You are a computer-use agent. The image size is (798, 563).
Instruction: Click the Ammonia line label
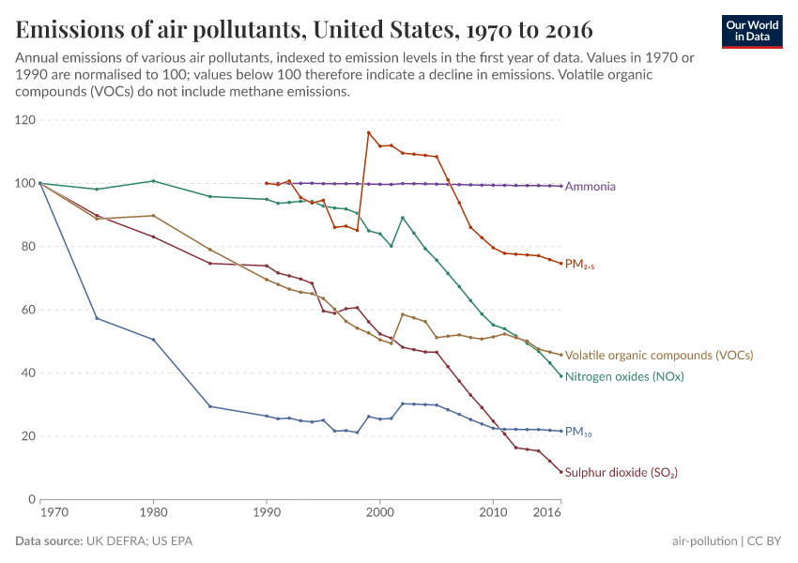(x=590, y=187)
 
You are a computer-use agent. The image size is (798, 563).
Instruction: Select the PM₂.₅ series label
(x=579, y=266)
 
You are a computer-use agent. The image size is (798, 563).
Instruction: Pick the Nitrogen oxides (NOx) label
(x=623, y=377)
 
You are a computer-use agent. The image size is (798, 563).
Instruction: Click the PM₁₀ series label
(x=578, y=434)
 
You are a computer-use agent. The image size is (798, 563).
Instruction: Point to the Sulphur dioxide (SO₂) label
(x=621, y=473)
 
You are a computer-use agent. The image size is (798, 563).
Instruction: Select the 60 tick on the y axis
(x=27, y=310)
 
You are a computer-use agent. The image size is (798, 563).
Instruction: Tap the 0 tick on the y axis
(x=31, y=499)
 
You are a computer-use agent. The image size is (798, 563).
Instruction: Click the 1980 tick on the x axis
(x=153, y=513)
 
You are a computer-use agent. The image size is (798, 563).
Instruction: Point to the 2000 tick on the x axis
(x=379, y=513)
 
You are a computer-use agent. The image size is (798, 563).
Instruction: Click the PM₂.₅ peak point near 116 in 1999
(x=368, y=132)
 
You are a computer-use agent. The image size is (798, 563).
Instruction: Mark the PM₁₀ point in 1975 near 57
(x=97, y=318)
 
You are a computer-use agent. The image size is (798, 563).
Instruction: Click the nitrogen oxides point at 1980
(x=153, y=181)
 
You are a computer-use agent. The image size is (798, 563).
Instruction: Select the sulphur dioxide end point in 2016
(x=560, y=472)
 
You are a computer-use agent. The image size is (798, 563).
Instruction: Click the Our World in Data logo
(x=752, y=30)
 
